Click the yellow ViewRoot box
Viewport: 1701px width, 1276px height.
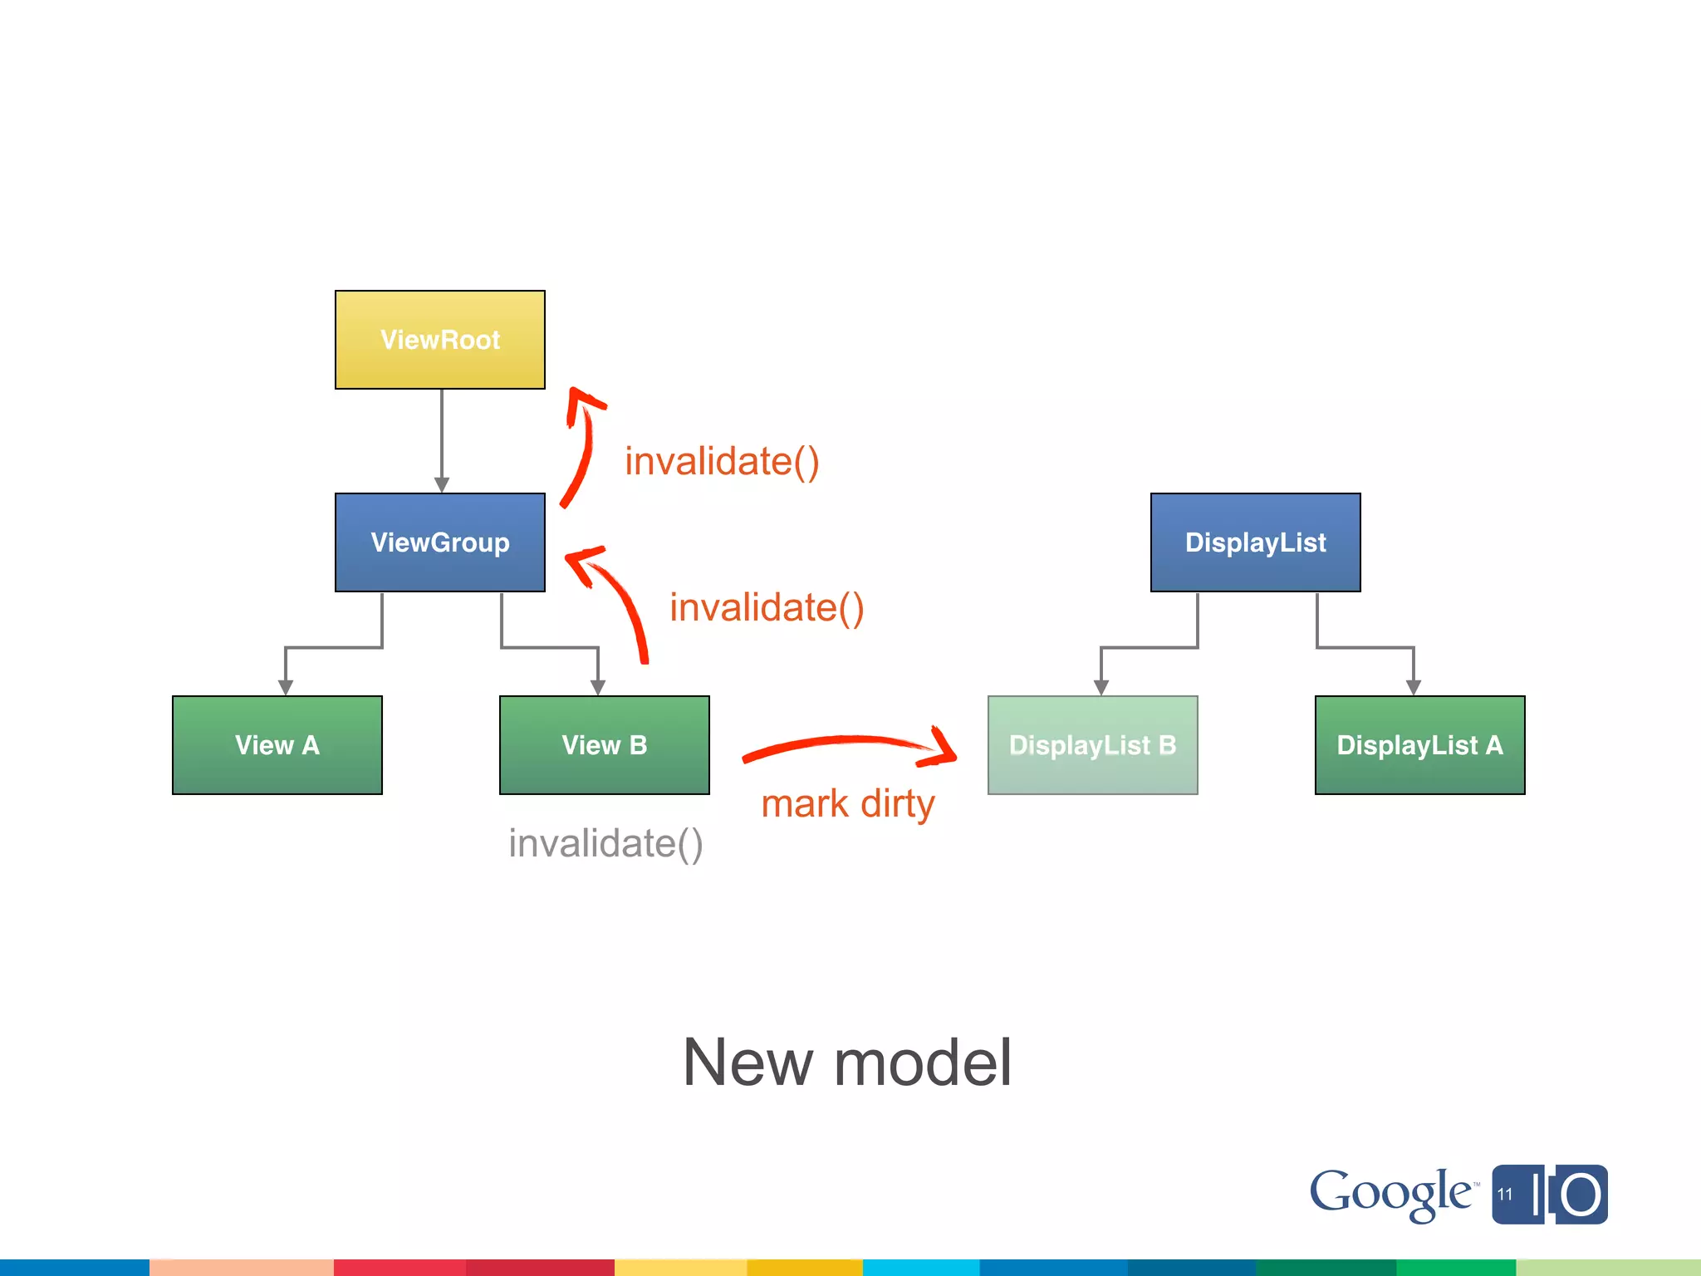pyautogui.click(x=440, y=340)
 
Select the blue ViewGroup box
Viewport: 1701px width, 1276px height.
pyautogui.click(x=440, y=542)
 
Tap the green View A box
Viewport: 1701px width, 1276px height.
pyautogui.click(x=277, y=745)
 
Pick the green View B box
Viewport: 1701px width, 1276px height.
pyautogui.click(x=605, y=745)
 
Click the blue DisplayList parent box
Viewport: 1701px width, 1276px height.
pyautogui.click(x=1256, y=542)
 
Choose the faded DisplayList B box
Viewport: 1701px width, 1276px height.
pyautogui.click(x=1093, y=745)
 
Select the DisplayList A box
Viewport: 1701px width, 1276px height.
pyautogui.click(x=1420, y=745)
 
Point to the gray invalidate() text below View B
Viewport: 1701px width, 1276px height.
pyautogui.click(x=606, y=844)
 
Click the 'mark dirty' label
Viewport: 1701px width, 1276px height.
pyautogui.click(x=848, y=804)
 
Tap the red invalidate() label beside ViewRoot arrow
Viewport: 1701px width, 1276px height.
pyautogui.click(x=722, y=462)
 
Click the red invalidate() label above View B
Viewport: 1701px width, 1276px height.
pyautogui.click(x=767, y=608)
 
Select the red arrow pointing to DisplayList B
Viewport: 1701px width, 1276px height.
pyautogui.click(x=847, y=742)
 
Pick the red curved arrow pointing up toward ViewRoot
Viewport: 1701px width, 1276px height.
pyautogui.click(x=581, y=449)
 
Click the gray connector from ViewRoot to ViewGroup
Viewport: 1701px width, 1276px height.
pyautogui.click(x=442, y=440)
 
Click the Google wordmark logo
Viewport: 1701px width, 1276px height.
pyautogui.click(x=1390, y=1194)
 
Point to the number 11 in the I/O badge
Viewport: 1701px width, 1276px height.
pyautogui.click(x=1505, y=1195)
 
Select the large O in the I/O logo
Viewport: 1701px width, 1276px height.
pyautogui.click(x=1581, y=1195)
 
